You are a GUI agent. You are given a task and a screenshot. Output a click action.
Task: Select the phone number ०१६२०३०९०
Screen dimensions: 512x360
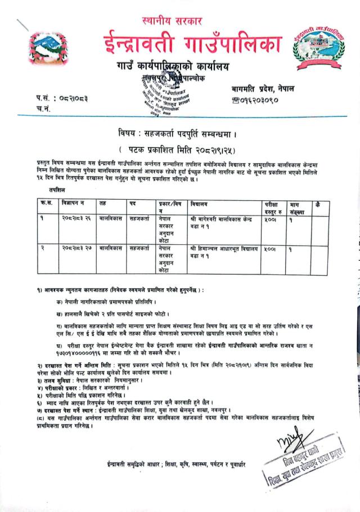256,100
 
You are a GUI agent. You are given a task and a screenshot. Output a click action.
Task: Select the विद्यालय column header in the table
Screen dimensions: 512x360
201,204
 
